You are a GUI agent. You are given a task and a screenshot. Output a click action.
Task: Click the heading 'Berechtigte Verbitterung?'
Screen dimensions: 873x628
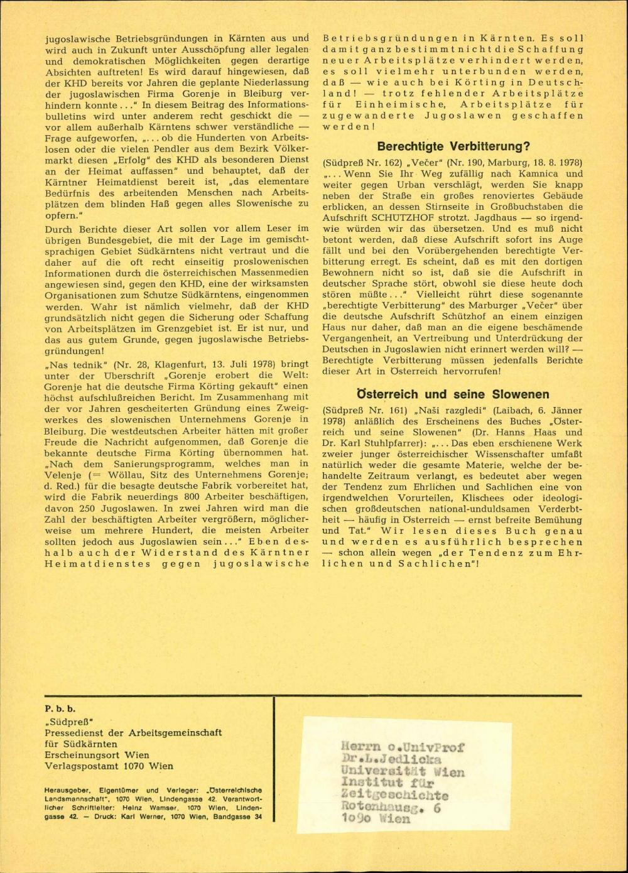click(x=453, y=147)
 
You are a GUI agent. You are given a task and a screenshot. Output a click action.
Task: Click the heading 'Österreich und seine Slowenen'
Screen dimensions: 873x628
click(x=453, y=394)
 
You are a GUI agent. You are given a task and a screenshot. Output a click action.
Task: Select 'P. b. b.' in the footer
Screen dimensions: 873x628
click(x=60, y=710)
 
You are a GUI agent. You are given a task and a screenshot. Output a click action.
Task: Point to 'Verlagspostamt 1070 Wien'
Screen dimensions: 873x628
click(x=109, y=766)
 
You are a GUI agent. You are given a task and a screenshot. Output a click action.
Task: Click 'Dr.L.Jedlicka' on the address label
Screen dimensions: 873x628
click(x=392, y=759)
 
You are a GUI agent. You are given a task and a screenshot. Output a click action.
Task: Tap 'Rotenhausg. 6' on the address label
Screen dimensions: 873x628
click(x=391, y=808)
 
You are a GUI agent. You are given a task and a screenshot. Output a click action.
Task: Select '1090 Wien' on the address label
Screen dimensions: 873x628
click(x=375, y=819)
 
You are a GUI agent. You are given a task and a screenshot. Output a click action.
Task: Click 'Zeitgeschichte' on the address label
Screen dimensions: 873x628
click(x=394, y=796)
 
